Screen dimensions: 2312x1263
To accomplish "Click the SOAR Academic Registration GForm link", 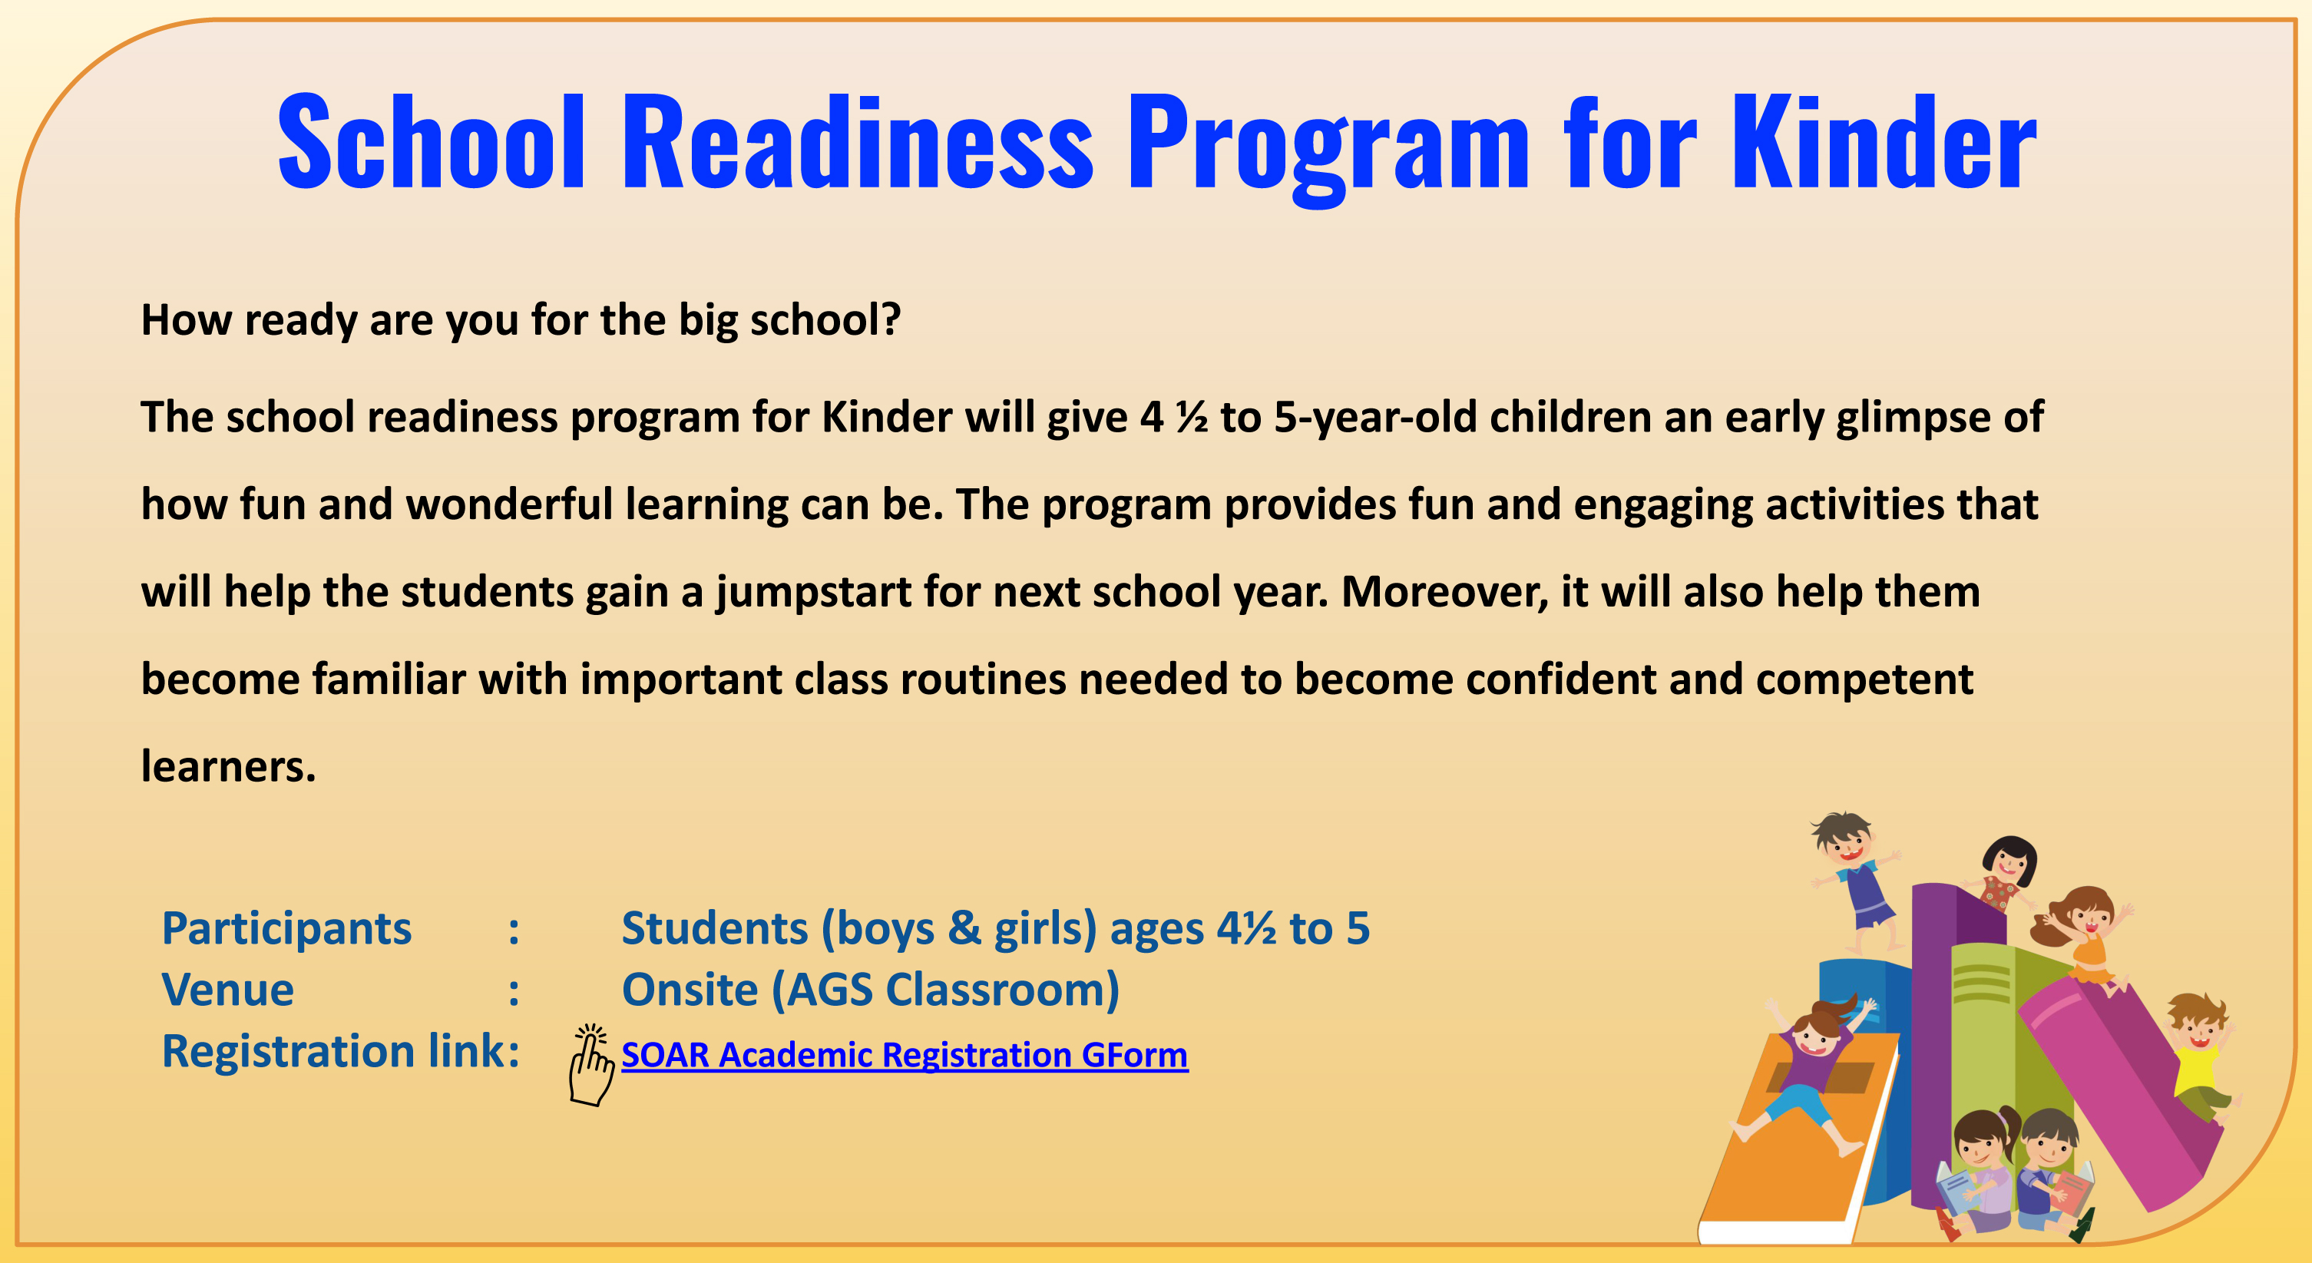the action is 905,1055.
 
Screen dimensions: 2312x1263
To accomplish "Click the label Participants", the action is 286,929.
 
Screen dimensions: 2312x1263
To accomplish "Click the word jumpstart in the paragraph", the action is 813,593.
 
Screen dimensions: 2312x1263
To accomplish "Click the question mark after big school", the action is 889,320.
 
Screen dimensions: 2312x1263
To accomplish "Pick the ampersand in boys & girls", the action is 964,927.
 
